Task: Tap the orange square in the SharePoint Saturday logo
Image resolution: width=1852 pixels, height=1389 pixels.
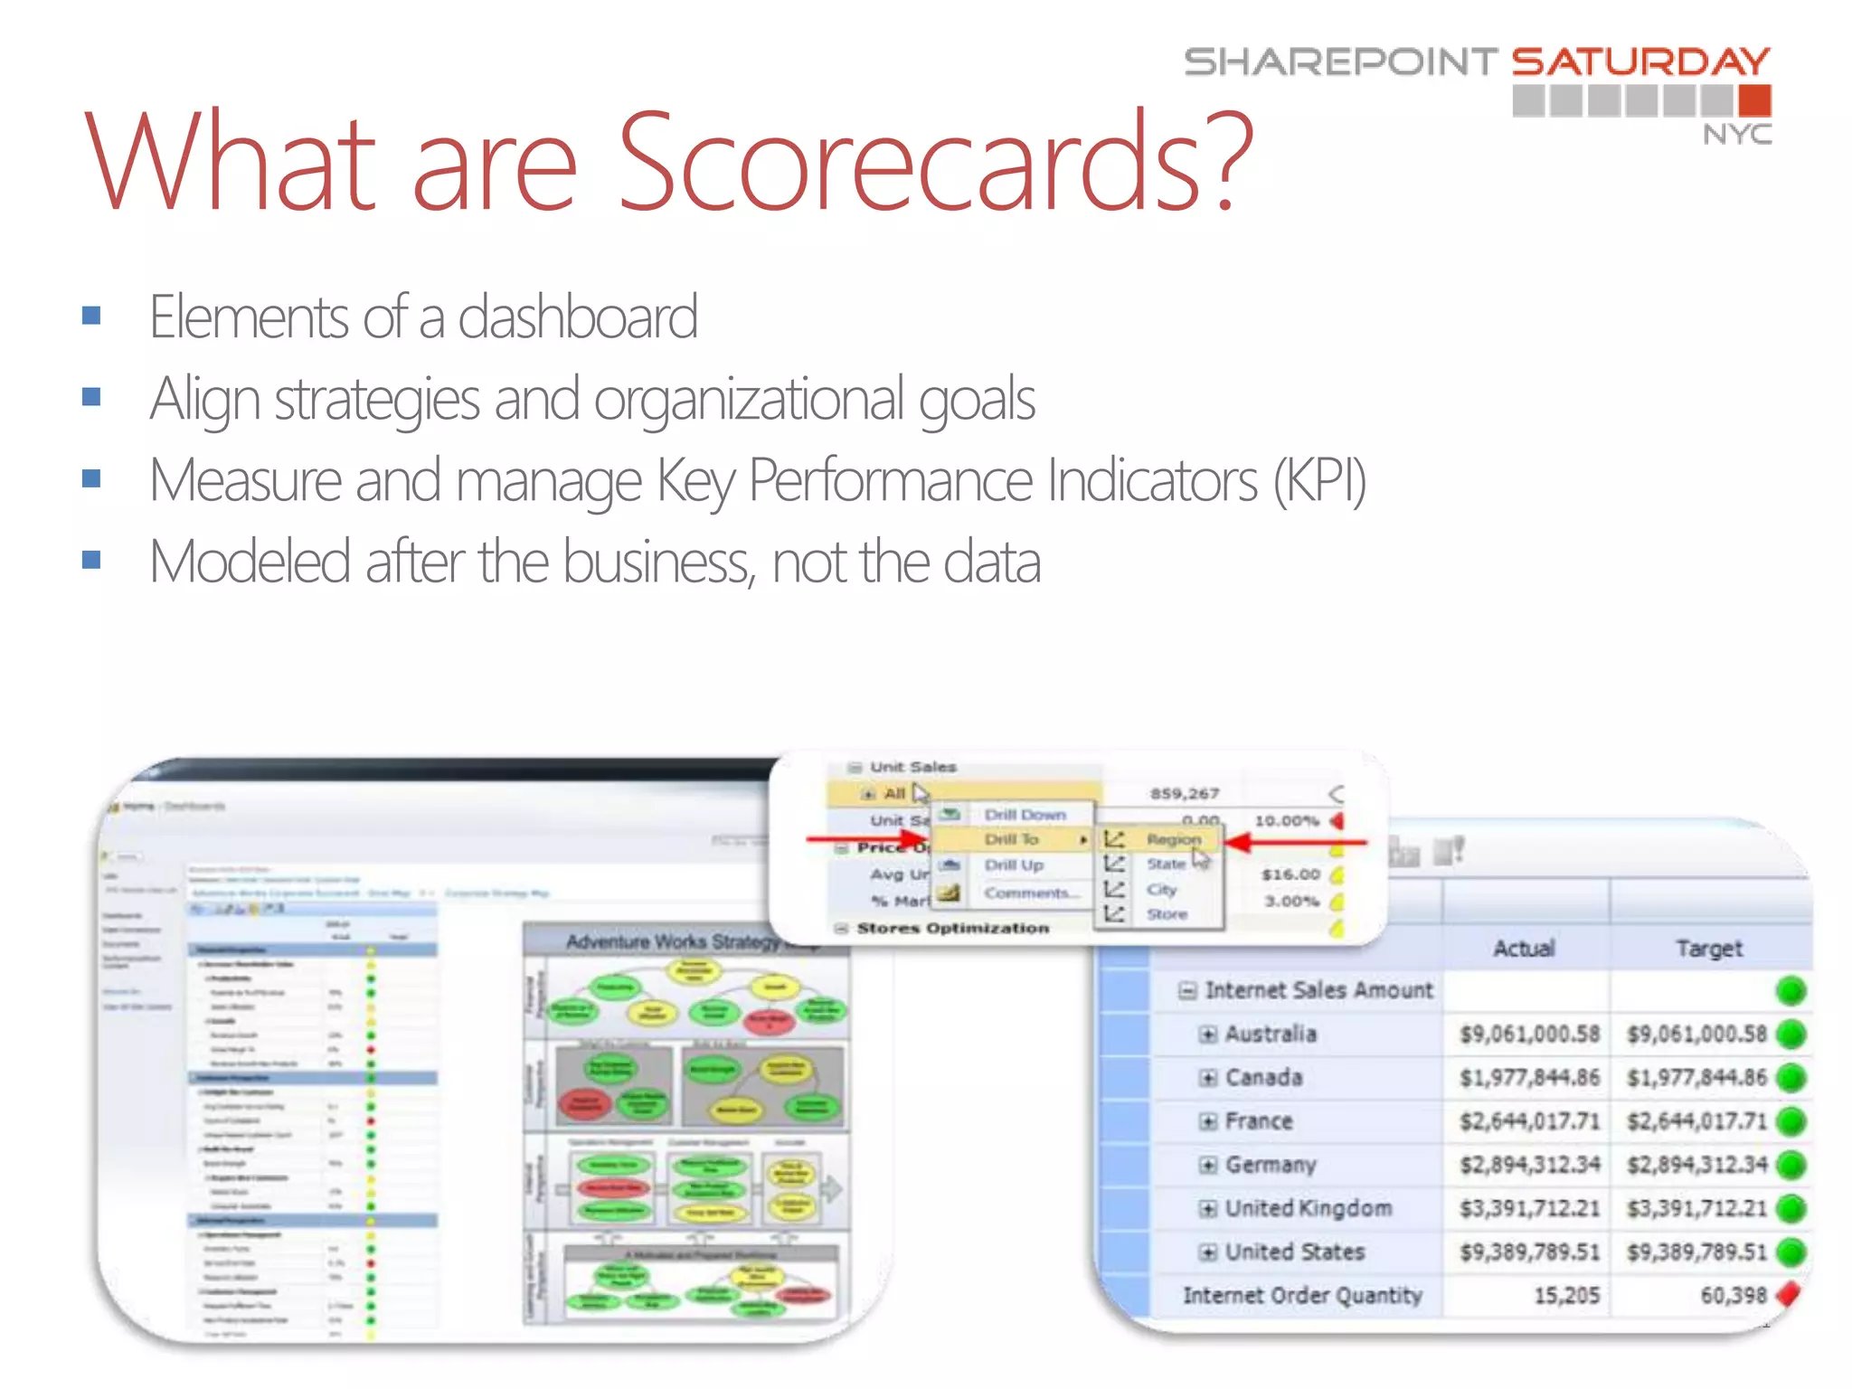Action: [x=1754, y=100]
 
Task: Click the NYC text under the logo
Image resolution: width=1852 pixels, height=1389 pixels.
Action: [x=1736, y=135]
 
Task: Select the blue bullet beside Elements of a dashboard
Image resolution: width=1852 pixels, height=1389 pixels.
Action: [x=91, y=316]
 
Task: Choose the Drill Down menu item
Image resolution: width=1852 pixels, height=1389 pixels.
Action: [x=1025, y=814]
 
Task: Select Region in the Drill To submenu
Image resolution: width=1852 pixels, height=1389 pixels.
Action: [x=1173, y=839]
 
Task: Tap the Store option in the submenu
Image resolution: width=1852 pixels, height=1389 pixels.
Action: [x=1167, y=914]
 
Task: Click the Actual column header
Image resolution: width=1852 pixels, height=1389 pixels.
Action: [x=1524, y=948]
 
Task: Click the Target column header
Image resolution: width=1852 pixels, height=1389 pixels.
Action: [x=1708, y=948]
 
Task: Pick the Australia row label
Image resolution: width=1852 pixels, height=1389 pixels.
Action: [x=1271, y=1034]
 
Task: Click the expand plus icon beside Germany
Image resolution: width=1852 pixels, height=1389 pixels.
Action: [x=1207, y=1165]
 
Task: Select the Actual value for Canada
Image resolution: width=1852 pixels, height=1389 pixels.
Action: [x=1529, y=1078]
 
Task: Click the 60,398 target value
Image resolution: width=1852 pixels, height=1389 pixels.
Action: [x=1733, y=1295]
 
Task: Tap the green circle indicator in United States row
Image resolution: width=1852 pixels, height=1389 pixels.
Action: [x=1791, y=1252]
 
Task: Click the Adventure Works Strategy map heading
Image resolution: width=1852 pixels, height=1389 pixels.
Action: [x=674, y=941]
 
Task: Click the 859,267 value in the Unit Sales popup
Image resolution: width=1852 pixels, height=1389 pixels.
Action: [x=1185, y=793]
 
